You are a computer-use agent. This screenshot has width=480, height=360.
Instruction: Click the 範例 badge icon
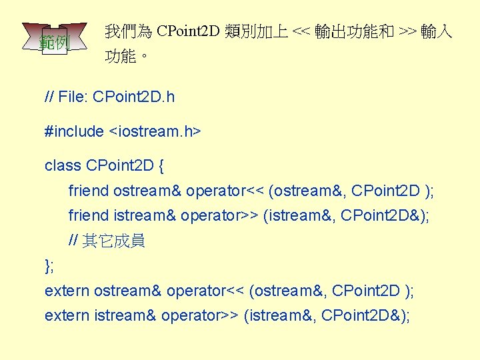click(54, 42)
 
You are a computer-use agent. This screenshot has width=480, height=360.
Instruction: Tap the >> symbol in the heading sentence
click(407, 31)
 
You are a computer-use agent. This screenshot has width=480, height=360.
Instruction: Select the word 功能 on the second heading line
click(121, 57)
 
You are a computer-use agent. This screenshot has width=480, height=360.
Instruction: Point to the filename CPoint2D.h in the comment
click(133, 97)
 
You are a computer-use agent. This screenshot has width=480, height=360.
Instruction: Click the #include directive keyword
click(74, 131)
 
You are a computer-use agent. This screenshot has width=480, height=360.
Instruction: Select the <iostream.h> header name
click(154, 131)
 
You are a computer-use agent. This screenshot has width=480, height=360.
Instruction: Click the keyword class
click(62, 165)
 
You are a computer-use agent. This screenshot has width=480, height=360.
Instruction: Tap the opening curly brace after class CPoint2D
click(162, 165)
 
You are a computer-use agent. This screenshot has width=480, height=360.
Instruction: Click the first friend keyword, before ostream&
click(89, 191)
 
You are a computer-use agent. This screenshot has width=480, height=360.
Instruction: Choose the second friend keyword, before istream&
click(89, 216)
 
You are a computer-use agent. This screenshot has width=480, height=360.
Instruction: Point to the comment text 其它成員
click(113, 241)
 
